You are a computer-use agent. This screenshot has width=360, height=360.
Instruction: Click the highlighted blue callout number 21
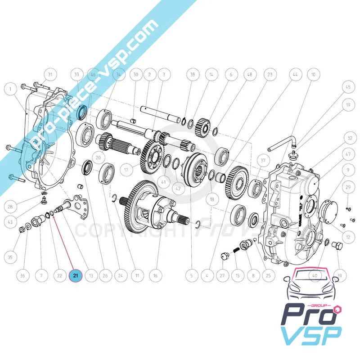[x=76, y=275]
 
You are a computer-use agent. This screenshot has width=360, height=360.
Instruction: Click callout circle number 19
[x=347, y=105]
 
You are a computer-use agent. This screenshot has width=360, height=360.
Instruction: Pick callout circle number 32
[x=350, y=137]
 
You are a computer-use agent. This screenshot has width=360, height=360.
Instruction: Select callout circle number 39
[x=338, y=275]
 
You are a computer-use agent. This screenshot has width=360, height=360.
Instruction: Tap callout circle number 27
[x=222, y=275]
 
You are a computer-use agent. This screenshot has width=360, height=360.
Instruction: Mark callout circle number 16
[x=155, y=275]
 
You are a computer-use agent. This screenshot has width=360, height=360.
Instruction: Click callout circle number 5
[x=191, y=275]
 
